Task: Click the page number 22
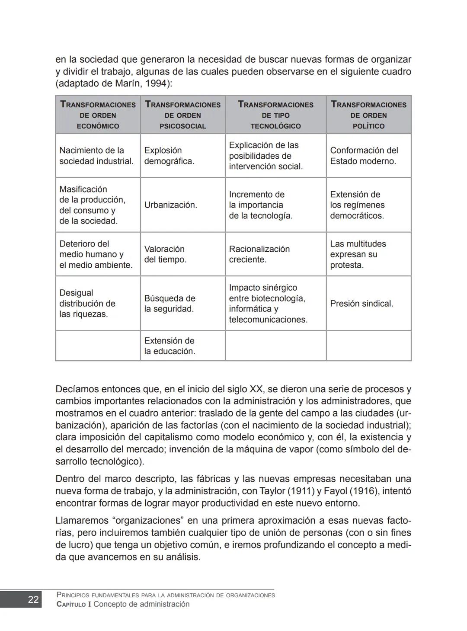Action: pos(33,599)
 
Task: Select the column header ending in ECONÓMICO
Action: pos(98,115)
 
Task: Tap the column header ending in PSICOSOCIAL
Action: pos(182,115)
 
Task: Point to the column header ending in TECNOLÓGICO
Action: pos(275,115)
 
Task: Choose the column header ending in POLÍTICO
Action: pos(368,115)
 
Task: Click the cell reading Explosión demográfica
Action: pos(169,156)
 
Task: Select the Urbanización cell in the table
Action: pos(170,205)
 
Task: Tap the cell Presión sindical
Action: pos(361,304)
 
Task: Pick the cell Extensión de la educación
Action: pos(169,346)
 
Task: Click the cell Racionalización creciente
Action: pos(259,254)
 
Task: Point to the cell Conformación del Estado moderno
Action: pos(364,156)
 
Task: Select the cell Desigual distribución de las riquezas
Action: pos(87,304)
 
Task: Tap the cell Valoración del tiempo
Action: pos(165,254)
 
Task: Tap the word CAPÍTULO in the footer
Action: pos(71,605)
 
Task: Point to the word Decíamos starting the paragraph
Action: pos(78,389)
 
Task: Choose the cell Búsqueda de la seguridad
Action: pos(169,304)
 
